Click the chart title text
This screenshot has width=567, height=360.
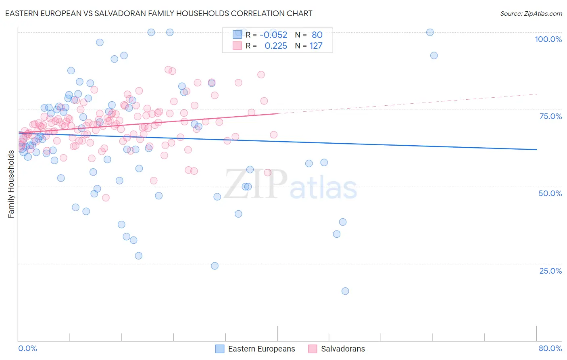pyautogui.click(x=158, y=13)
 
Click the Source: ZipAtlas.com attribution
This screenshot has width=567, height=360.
pyautogui.click(x=531, y=13)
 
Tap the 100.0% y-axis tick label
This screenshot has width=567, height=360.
pyautogui.click(x=548, y=39)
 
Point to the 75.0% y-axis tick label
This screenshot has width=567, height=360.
pyautogui.click(x=550, y=116)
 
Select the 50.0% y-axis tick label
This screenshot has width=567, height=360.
pyautogui.click(x=550, y=193)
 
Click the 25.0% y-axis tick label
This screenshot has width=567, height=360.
pyautogui.click(x=550, y=270)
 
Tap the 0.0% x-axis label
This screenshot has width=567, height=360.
pyautogui.click(x=27, y=348)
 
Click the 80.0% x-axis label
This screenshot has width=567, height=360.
pyautogui.click(x=550, y=348)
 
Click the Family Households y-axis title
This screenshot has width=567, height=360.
pyautogui.click(x=11, y=184)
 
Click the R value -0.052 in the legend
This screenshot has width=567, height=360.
pyautogui.click(x=273, y=35)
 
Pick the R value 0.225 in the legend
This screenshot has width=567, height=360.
pyautogui.click(x=276, y=46)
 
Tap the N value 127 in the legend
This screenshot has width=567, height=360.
pyautogui.click(x=316, y=46)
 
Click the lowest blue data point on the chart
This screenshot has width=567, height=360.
pyautogui.click(x=345, y=291)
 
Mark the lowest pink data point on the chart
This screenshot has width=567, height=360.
pyautogui.click(x=106, y=198)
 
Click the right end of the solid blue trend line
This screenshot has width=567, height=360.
pyautogui.click(x=536, y=149)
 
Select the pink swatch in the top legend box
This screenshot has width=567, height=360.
pyautogui.click(x=237, y=46)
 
